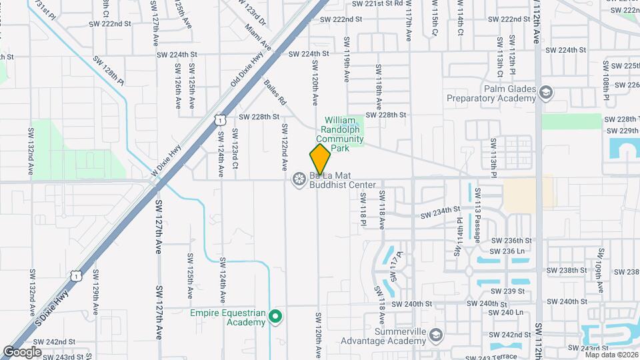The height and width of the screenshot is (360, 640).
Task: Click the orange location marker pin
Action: (x=320, y=159)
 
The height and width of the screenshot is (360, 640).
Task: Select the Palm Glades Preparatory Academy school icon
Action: (x=547, y=91)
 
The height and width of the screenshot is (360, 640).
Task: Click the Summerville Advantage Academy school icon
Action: (x=436, y=333)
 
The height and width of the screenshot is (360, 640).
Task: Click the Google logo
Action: (x=22, y=352)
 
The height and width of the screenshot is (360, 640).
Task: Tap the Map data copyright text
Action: (x=611, y=354)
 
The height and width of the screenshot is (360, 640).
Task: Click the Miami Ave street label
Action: (x=258, y=37)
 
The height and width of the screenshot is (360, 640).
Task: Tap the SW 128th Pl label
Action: (x=109, y=70)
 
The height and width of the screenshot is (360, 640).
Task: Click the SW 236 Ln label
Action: (x=508, y=251)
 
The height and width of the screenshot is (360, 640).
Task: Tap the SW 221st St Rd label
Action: (x=377, y=4)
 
